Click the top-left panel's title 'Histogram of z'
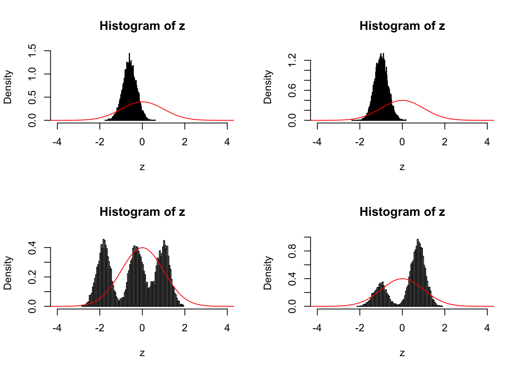tap(142, 26)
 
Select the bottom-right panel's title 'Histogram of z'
tap(402, 212)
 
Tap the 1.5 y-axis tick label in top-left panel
tap(33, 51)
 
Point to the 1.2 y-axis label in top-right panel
tap(293, 60)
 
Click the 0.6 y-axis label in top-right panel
tap(293, 90)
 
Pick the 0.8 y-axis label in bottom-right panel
tap(293, 251)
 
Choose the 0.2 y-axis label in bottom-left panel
tap(33, 277)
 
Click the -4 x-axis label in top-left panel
tap(57, 142)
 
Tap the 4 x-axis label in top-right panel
tap(487, 142)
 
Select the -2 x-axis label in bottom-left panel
tap(100, 328)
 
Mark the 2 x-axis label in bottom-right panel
tap(445, 328)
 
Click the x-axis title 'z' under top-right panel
tap(402, 167)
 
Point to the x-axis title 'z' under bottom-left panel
tap(142, 353)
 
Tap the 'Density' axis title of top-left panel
tap(8, 87)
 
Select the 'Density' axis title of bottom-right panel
tap(268, 273)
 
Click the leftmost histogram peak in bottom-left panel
tap(104, 240)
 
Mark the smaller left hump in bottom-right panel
tap(381, 283)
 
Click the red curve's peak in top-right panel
tap(402, 100)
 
